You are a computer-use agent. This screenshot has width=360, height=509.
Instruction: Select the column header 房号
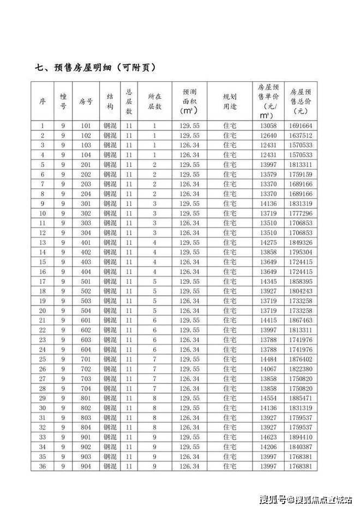[x=86, y=101]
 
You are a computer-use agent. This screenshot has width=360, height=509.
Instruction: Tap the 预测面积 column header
[x=189, y=101]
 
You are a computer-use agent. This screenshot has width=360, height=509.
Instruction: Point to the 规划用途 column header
[x=230, y=101]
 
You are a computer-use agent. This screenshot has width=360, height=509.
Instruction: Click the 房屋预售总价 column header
[x=301, y=101]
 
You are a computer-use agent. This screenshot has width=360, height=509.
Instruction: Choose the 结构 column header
[x=110, y=101]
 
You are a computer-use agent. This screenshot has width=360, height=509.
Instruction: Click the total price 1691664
[x=301, y=126]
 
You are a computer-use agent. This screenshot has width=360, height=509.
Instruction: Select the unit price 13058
[x=268, y=126]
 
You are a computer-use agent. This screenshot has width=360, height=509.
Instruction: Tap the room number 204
[x=86, y=194]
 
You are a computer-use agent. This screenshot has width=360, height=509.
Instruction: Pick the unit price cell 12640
[x=268, y=136]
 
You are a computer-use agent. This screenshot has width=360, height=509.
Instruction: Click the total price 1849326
[x=301, y=242]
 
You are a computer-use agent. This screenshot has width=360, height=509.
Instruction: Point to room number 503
[x=86, y=301]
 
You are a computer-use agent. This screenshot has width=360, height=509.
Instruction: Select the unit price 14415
[x=268, y=320]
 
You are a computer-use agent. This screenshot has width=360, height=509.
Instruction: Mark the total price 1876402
[x=301, y=359]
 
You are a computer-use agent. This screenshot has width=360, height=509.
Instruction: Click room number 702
[x=86, y=369]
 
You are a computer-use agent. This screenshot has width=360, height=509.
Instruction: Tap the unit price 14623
[x=268, y=437]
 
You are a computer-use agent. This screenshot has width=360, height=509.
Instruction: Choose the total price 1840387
[x=301, y=447]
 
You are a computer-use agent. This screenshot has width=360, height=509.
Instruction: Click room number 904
[x=86, y=466]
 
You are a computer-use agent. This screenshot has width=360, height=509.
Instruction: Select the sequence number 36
[x=43, y=466]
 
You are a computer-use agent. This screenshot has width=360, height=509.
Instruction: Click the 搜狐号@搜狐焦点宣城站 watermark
[x=305, y=499]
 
